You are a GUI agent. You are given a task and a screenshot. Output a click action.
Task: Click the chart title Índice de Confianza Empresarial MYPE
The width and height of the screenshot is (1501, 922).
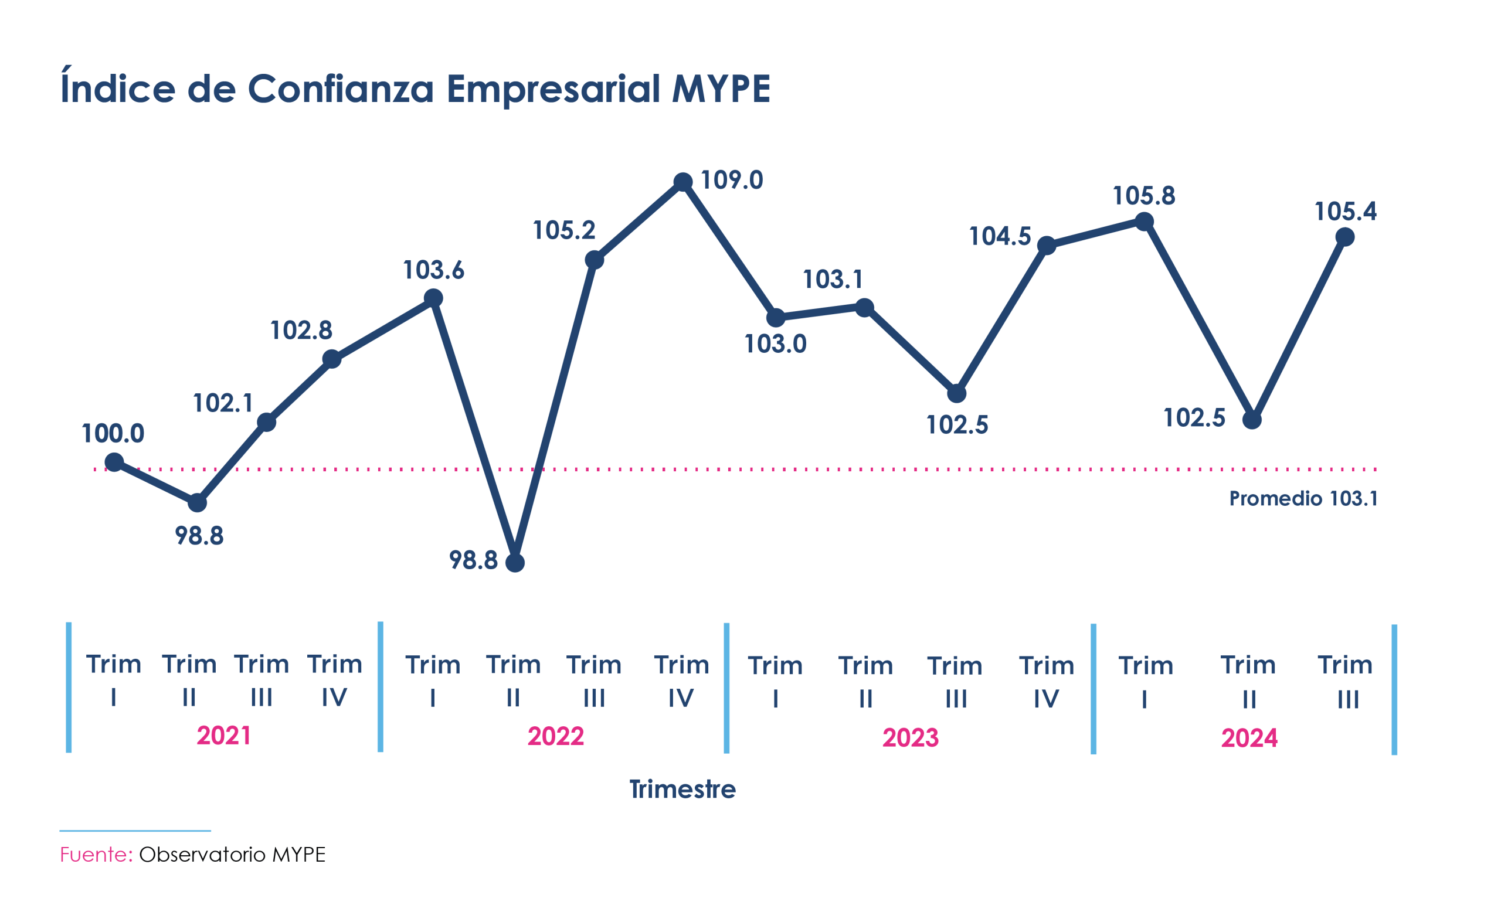415,89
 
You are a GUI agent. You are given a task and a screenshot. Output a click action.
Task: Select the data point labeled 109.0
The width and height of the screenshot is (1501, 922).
682,182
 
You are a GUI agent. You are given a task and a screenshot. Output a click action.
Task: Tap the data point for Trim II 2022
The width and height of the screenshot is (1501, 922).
515,562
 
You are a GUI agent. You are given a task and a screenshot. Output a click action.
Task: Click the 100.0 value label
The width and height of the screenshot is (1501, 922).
113,434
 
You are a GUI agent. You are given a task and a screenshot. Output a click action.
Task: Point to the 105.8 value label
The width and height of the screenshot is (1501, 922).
1143,196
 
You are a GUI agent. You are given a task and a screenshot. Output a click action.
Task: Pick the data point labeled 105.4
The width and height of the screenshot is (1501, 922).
1345,237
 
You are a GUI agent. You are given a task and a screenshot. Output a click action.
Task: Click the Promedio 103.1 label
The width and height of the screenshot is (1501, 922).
1303,499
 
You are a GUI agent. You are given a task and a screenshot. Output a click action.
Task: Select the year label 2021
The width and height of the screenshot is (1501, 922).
224,736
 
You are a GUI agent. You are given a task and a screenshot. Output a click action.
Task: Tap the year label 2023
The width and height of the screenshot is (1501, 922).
910,738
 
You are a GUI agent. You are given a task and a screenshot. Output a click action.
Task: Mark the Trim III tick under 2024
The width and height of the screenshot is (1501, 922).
1345,682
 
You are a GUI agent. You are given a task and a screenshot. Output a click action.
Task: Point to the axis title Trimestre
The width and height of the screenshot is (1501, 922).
682,789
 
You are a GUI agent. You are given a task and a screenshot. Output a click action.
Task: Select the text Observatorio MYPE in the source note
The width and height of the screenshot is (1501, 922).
232,855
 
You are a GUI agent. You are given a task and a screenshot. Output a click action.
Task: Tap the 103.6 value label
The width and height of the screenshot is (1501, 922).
434,270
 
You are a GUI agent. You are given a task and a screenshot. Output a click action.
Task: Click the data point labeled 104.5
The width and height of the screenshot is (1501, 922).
1046,246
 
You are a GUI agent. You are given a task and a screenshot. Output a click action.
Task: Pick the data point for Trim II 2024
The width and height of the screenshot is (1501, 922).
1252,420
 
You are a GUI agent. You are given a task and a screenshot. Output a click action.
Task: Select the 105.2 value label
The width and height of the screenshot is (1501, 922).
563,230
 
